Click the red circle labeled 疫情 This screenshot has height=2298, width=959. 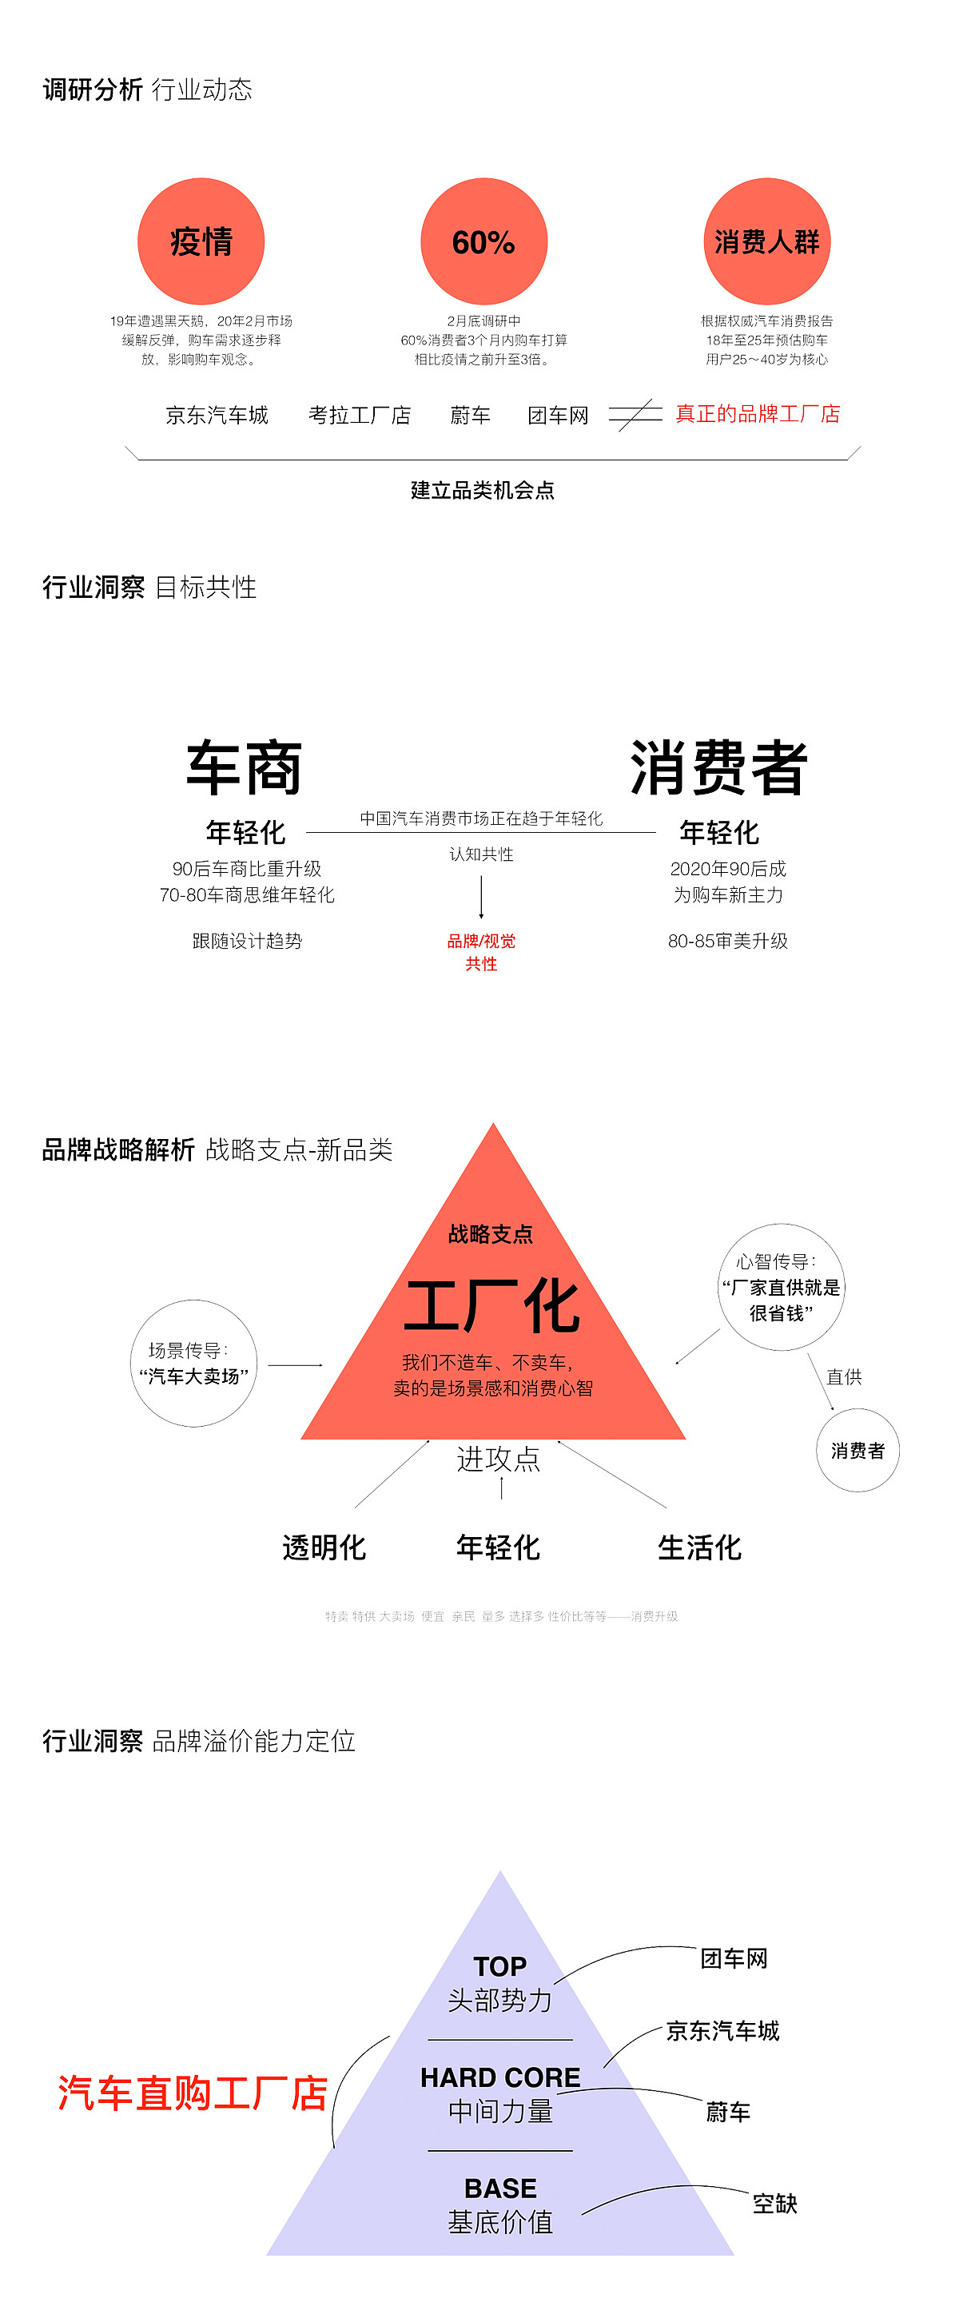[x=201, y=241]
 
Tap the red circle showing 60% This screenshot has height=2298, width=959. [x=483, y=241]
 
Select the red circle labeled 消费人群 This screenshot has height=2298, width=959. [x=766, y=241]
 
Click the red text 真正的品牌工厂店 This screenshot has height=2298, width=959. [x=758, y=414]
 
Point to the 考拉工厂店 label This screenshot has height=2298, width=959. [x=360, y=416]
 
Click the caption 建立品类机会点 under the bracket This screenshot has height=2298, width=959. [x=482, y=490]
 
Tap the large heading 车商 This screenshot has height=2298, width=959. [x=244, y=767]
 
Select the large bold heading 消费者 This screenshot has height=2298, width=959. [x=719, y=767]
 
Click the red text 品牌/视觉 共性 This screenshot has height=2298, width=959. [x=481, y=952]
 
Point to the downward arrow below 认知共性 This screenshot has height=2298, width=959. [x=481, y=897]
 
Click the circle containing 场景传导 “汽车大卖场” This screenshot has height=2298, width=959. [x=193, y=1363]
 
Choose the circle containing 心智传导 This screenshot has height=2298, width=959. [x=781, y=1286]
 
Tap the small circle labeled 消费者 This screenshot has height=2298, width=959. [x=858, y=1451]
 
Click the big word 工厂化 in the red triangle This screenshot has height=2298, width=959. [x=492, y=1306]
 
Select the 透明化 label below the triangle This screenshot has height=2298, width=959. [x=324, y=1547]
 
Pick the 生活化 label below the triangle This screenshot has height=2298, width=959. [x=699, y=1547]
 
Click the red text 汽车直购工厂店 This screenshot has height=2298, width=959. [x=193, y=2093]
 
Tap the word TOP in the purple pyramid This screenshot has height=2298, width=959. [x=499, y=1966]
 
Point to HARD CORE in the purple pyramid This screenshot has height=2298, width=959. [x=499, y=2077]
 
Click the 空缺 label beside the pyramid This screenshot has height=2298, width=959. [x=774, y=2204]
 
